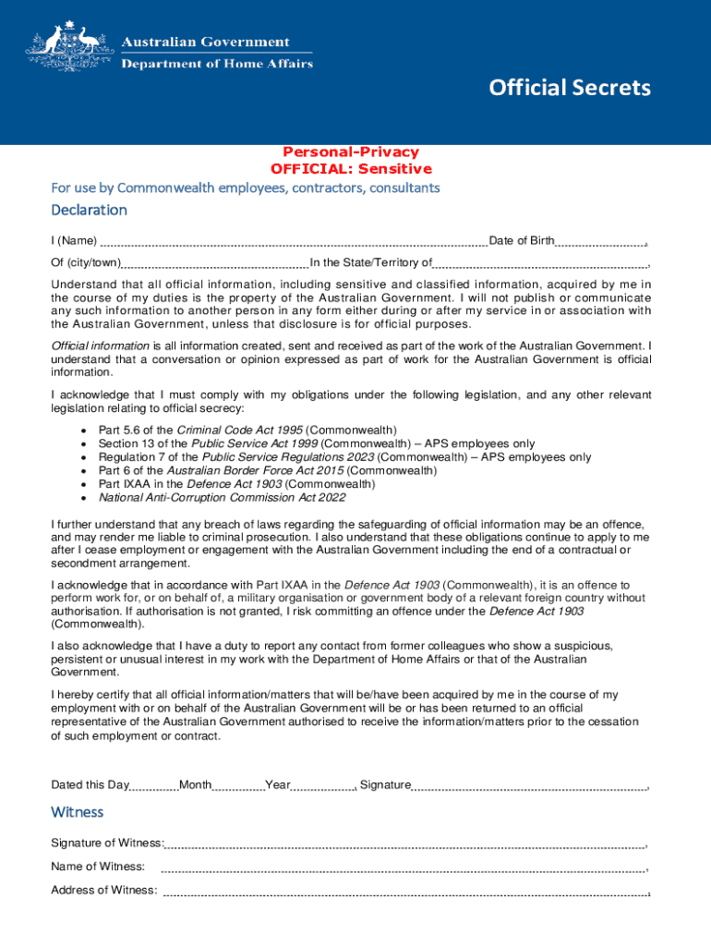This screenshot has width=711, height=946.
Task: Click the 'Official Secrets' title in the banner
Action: (569, 88)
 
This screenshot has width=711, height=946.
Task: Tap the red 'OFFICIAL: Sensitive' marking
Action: (350, 169)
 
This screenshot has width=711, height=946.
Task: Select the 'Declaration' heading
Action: (89, 210)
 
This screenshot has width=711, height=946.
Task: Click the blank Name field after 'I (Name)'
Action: (293, 242)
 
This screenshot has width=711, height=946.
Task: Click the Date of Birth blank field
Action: (600, 242)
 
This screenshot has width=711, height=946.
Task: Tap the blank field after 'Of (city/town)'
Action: (214, 263)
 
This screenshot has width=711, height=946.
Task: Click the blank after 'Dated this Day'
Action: (153, 786)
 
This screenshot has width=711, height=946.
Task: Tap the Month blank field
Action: (239, 786)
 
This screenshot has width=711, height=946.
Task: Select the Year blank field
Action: (323, 786)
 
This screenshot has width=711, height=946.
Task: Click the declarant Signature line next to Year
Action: (529, 786)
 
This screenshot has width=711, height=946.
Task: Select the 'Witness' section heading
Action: (78, 812)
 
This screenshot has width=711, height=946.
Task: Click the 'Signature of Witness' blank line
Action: (404, 843)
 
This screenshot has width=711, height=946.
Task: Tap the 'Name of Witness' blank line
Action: (403, 867)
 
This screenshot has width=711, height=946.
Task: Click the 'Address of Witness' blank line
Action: (404, 891)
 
